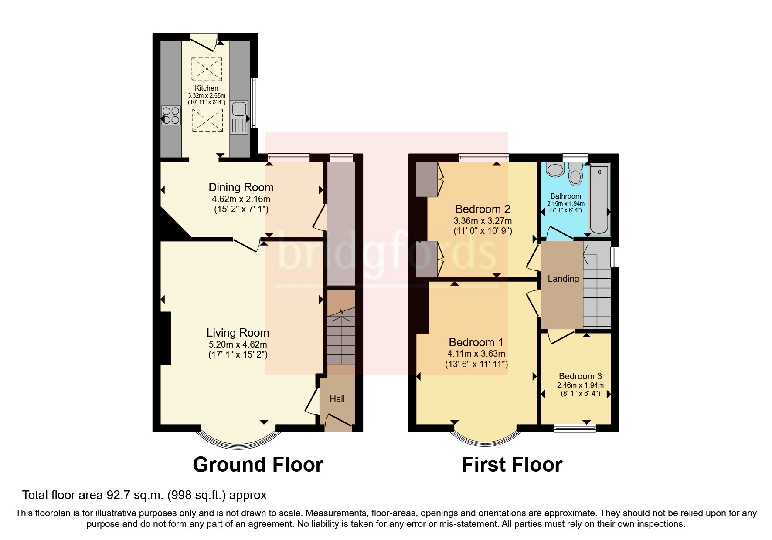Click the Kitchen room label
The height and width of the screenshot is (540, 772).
(206, 88)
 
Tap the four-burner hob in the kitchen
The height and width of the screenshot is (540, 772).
(170, 115)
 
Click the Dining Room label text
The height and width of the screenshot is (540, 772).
(241, 187)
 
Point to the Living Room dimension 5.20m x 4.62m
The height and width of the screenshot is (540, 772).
(238, 344)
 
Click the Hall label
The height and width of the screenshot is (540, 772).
(337, 399)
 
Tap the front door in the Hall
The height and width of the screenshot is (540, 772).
(338, 422)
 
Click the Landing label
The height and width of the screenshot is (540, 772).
(563, 279)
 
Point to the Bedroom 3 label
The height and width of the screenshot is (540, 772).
(580, 376)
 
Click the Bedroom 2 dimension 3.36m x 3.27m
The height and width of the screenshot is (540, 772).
(483, 221)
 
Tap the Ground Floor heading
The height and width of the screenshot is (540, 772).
(258, 465)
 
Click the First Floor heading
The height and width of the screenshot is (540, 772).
(512, 465)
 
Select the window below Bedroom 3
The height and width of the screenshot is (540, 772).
(575, 429)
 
